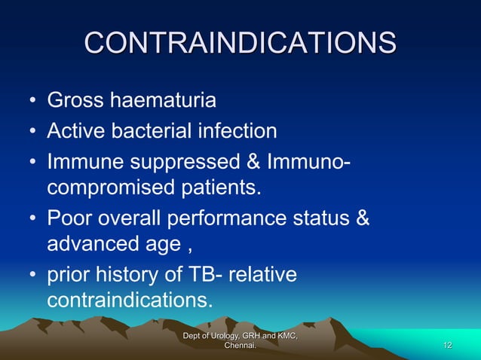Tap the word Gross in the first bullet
coord(75,101)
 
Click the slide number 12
coord(448,345)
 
